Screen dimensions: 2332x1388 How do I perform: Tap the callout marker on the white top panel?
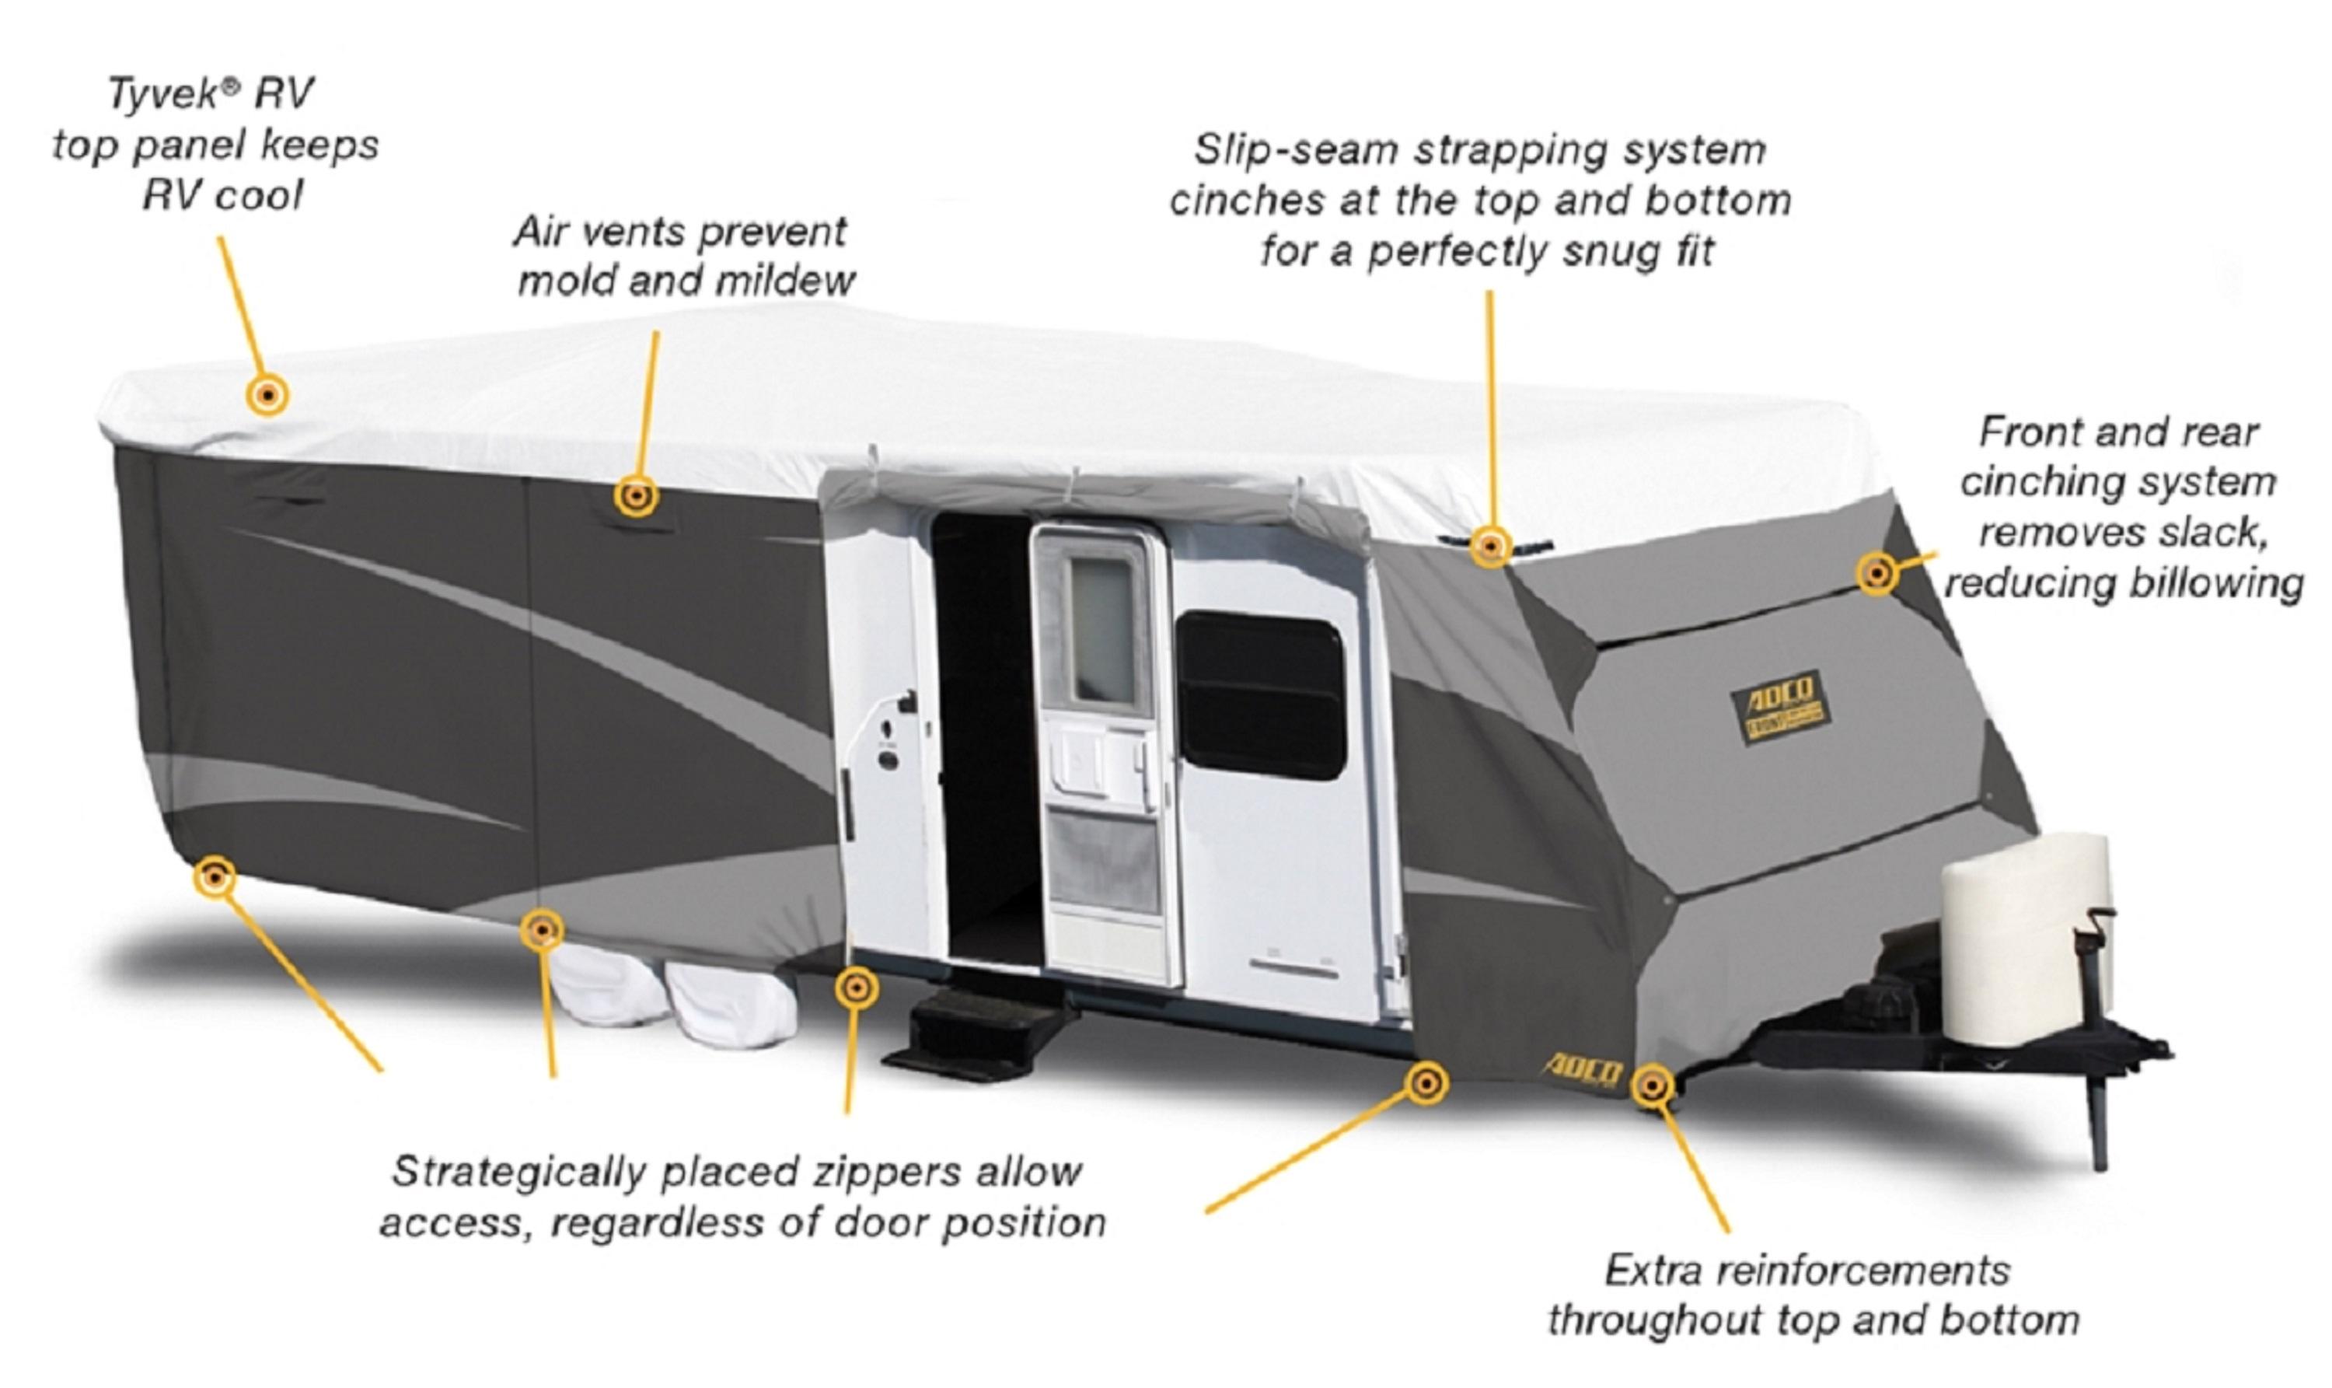coord(267,395)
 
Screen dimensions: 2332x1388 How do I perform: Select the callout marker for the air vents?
coord(636,496)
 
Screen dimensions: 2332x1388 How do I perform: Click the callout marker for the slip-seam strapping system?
coord(1489,545)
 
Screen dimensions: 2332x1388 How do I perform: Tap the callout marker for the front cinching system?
coord(1876,572)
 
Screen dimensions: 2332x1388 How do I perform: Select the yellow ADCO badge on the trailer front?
coord(1779,707)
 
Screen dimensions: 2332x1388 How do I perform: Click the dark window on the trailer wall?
coord(1260,695)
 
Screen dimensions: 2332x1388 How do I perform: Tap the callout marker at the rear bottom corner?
coord(215,877)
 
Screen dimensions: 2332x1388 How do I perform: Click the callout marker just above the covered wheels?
coord(541,930)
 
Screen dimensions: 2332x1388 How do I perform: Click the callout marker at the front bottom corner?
coord(1653,1086)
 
